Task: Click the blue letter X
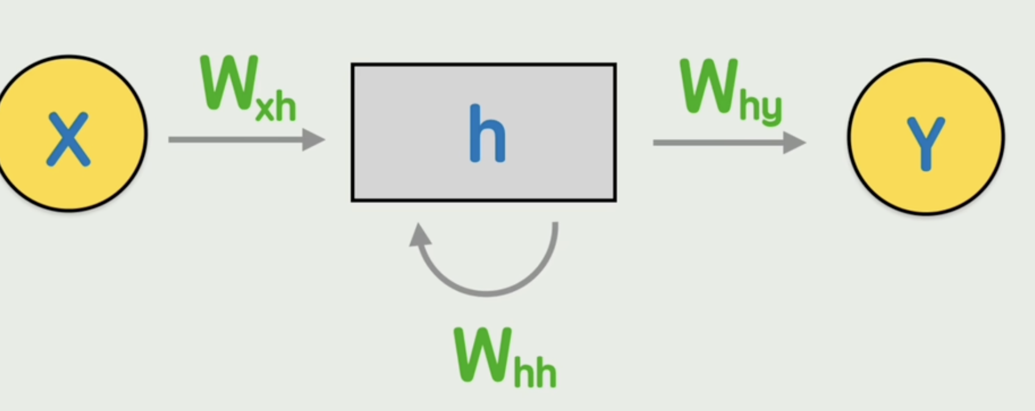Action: pos(68,139)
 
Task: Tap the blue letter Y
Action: pos(926,143)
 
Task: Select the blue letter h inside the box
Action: pos(487,134)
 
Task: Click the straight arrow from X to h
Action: pos(238,140)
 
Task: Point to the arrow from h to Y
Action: pos(720,143)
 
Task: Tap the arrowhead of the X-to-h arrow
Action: pos(314,140)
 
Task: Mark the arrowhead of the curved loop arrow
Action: pos(419,235)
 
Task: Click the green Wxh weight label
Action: pos(248,89)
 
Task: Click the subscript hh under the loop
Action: pos(535,373)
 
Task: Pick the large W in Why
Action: pos(709,87)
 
